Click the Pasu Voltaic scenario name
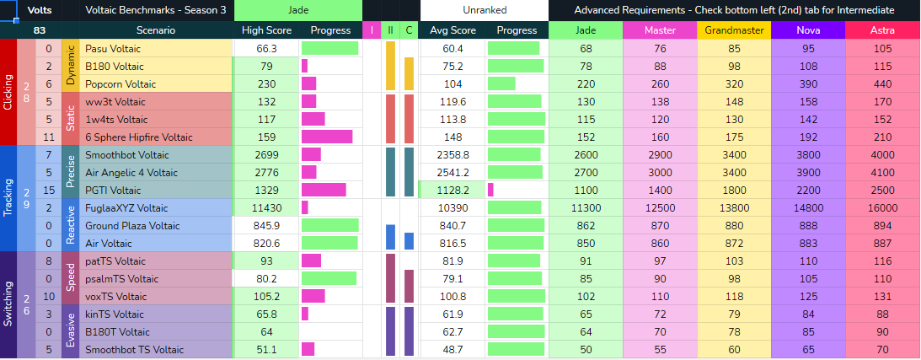(x=113, y=49)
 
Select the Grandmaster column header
(x=733, y=30)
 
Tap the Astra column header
(x=883, y=30)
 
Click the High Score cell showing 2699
(x=266, y=155)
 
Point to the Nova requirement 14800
(x=807, y=208)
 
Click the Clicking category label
(x=8, y=92)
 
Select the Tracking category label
(x=8, y=198)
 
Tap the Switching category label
(x=8, y=305)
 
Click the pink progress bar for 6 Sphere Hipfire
(x=327, y=137)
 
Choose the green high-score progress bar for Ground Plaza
(x=329, y=225)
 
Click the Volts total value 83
(x=40, y=30)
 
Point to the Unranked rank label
(x=484, y=10)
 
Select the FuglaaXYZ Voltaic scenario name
(x=126, y=208)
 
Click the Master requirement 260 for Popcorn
(x=660, y=84)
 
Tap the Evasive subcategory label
(x=70, y=332)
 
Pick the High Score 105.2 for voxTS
(x=266, y=297)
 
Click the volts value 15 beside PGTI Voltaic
(x=49, y=191)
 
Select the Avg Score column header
(x=452, y=30)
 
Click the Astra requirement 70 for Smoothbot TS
(x=883, y=350)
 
